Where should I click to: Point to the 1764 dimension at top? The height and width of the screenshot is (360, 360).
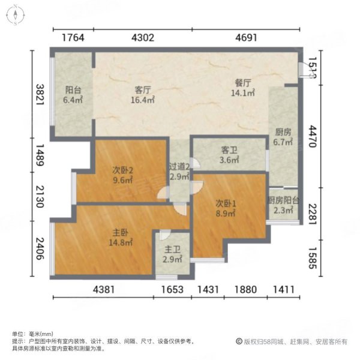(73, 37)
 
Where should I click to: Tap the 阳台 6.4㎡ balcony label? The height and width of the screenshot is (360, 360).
(73, 95)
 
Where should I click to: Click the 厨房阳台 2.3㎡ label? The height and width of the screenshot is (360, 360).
(283, 206)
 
